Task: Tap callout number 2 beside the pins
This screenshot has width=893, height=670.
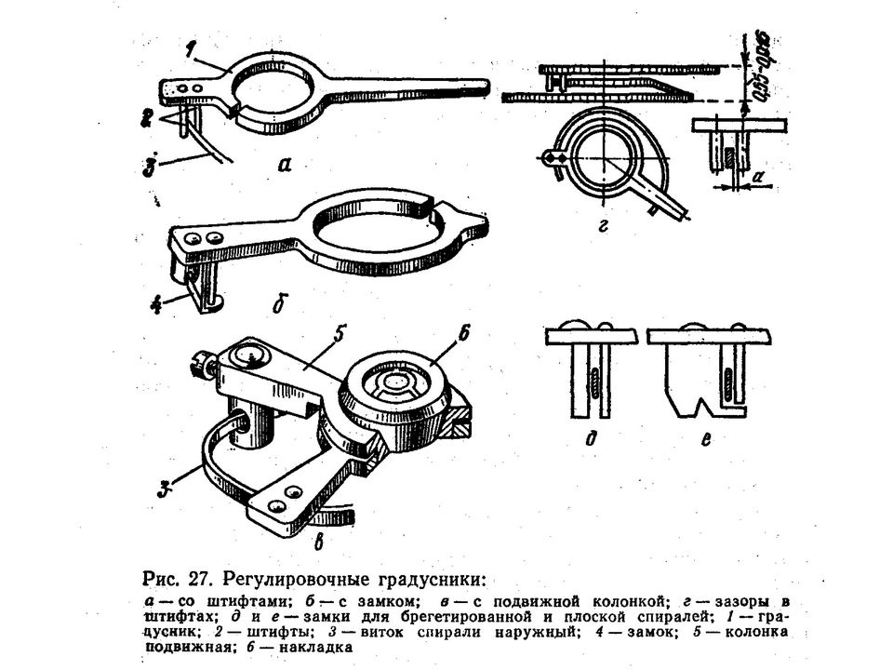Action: pos(146,116)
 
